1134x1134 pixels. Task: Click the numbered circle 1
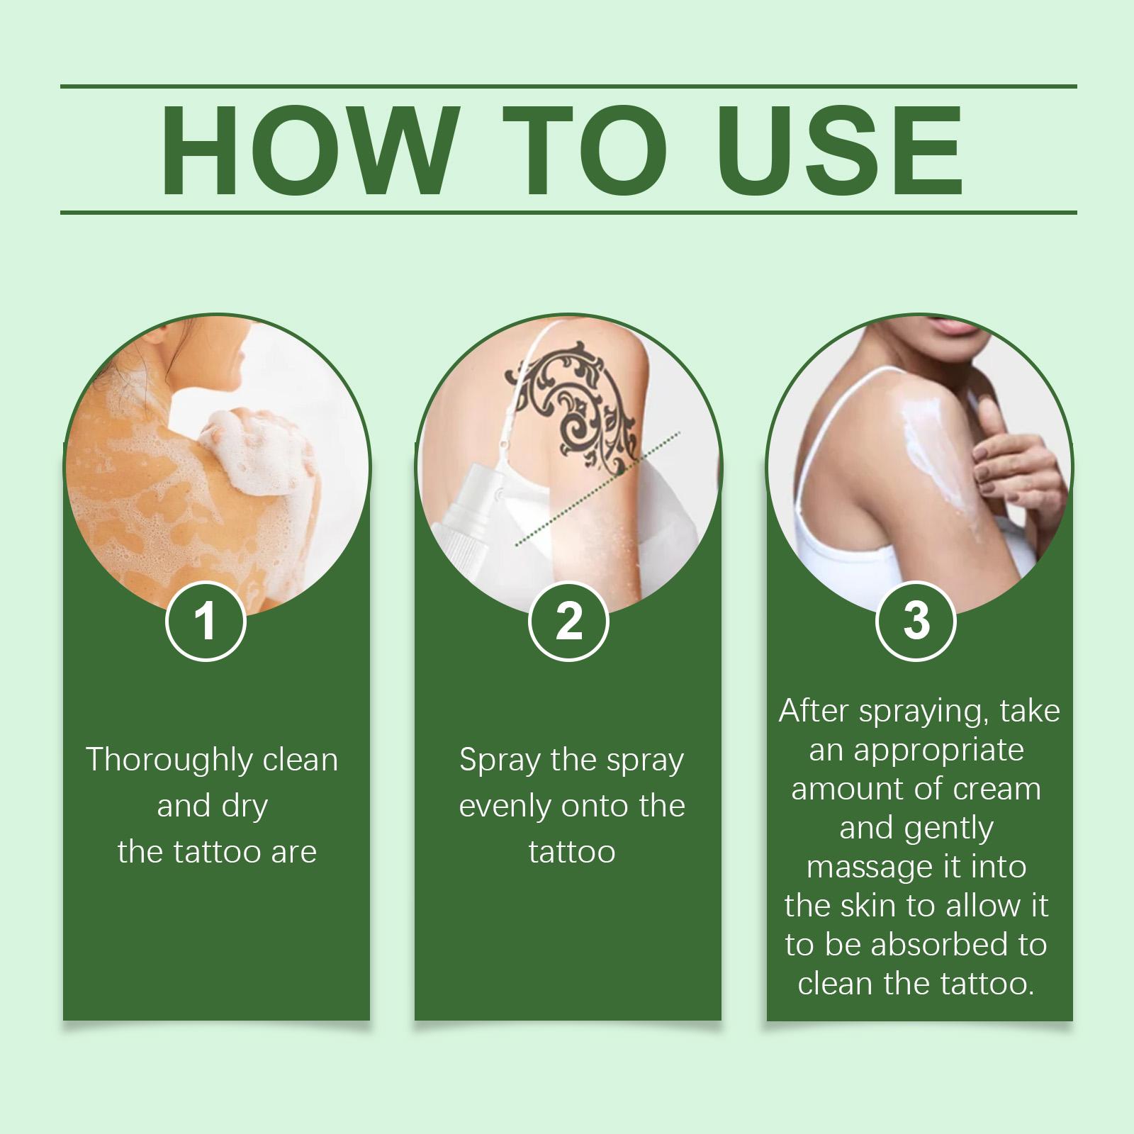pyautogui.click(x=206, y=621)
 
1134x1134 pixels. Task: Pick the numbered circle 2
pyautogui.click(x=568, y=621)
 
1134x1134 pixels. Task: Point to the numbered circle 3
pyautogui.click(x=916, y=621)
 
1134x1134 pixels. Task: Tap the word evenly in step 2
pyautogui.click(x=505, y=807)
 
